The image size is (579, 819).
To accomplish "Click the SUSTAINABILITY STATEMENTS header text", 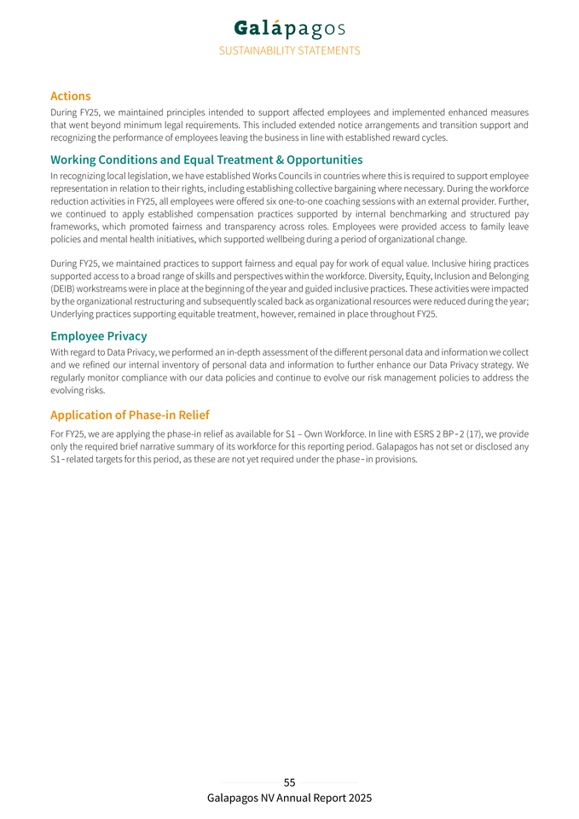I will click(289, 50).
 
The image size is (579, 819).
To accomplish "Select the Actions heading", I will click(70, 96).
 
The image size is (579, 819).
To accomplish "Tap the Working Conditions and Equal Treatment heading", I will click(206, 160).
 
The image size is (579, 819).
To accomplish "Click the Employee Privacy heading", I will click(98, 336).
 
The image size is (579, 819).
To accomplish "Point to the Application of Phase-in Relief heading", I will click(130, 415).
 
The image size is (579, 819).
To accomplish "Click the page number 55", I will click(289, 782).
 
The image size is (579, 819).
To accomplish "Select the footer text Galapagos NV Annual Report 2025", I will click(289, 799).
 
